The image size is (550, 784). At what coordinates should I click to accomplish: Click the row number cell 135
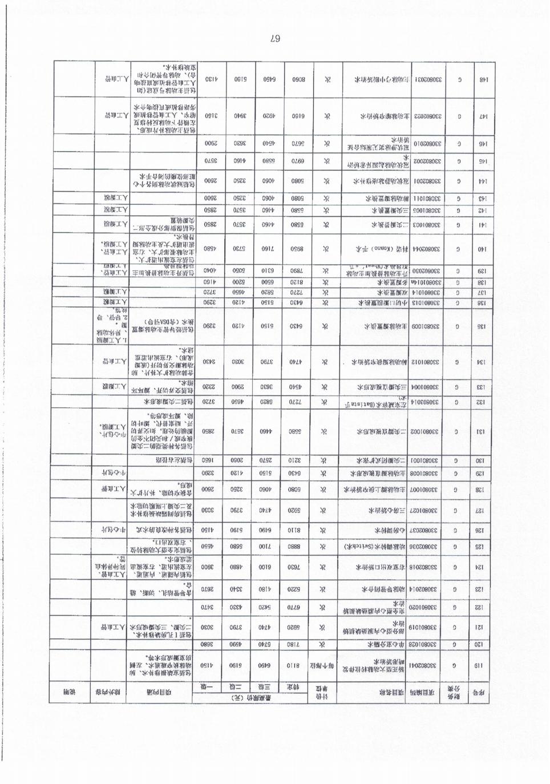pyautogui.click(x=482, y=327)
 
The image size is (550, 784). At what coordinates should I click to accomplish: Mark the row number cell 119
pyautogui.click(x=482, y=665)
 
